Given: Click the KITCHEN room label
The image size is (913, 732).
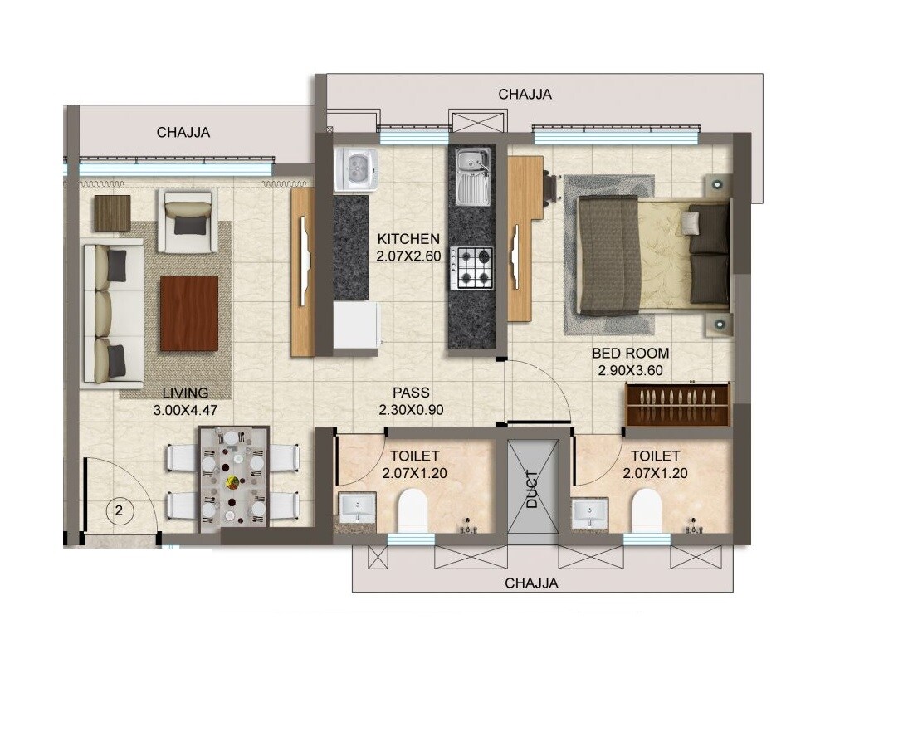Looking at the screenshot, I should click(408, 239).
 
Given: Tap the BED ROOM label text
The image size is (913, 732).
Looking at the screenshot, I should click(630, 354).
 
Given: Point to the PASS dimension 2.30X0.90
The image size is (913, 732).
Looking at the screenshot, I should click(413, 409).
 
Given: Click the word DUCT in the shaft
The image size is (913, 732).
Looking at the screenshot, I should click(532, 489).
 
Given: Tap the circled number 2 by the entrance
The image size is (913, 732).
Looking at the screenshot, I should click(119, 511).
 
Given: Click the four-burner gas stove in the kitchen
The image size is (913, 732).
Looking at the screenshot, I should click(471, 268).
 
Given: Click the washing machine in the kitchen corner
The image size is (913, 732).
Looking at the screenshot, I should click(356, 170).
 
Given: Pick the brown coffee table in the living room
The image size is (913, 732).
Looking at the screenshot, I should click(189, 313).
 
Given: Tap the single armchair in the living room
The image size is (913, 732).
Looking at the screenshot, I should click(188, 222).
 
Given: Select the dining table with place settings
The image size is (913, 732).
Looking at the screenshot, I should click(233, 479).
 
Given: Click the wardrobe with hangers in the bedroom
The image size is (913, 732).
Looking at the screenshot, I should click(677, 404).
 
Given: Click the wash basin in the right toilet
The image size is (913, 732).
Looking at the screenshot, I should click(589, 512).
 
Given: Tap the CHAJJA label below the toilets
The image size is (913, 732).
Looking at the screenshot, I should click(531, 583).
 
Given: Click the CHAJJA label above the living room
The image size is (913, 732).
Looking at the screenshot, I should click(183, 132).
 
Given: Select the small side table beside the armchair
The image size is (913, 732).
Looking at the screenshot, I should click(112, 212).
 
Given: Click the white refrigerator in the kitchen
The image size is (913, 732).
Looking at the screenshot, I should click(356, 325).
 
